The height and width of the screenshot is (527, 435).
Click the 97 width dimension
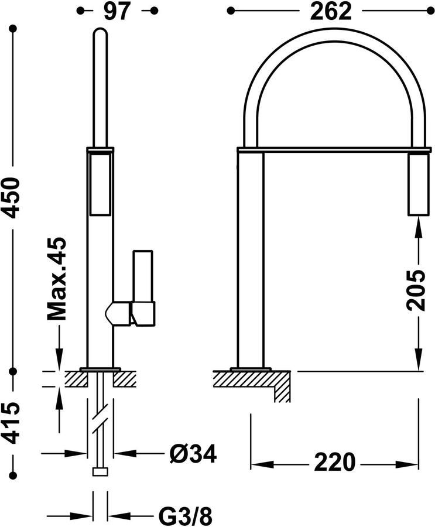tap(116, 12)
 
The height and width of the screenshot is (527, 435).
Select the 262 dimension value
tap(330, 12)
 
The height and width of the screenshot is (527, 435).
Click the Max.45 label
tap(56, 279)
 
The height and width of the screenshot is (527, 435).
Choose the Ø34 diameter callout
tap(193, 453)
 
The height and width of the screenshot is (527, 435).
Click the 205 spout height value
tap(416, 289)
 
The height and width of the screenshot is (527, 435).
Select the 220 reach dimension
tap(334, 462)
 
